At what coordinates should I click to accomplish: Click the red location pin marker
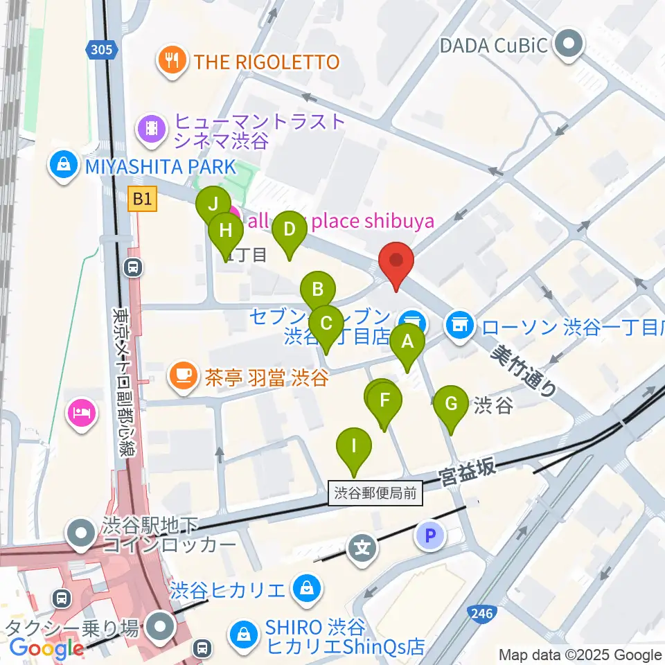pyautogui.click(x=396, y=262)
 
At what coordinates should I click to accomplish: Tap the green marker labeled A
pyautogui.click(x=407, y=342)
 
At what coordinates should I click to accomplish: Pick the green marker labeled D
pyautogui.click(x=289, y=230)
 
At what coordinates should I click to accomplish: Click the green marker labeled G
pyautogui.click(x=450, y=404)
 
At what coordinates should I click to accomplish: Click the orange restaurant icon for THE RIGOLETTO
pyautogui.click(x=171, y=61)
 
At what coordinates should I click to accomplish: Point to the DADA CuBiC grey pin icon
pyautogui.click(x=569, y=46)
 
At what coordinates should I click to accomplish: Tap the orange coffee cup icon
pyautogui.click(x=184, y=376)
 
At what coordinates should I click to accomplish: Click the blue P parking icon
pyautogui.click(x=430, y=535)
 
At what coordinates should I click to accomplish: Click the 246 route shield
pyautogui.click(x=481, y=613)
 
